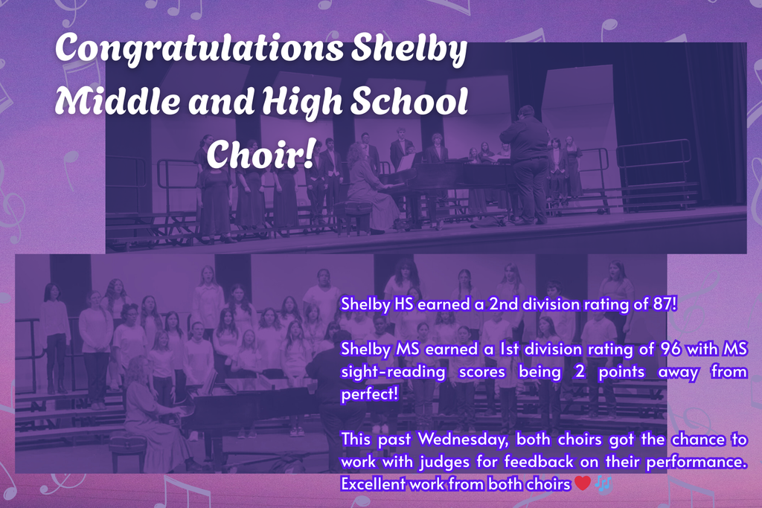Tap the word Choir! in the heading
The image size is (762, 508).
coord(261,155)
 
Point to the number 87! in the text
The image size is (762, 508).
coord(665,304)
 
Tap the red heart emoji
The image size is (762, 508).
coord(582,483)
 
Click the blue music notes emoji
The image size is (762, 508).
coord(603,483)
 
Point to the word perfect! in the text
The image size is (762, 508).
coord(370,394)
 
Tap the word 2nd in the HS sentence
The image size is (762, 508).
coord(502,304)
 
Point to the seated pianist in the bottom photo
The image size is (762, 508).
coord(155,413)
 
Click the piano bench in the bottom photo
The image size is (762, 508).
coord(127,449)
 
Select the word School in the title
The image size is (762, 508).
coord(409,101)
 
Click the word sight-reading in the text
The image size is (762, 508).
coord(393,372)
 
